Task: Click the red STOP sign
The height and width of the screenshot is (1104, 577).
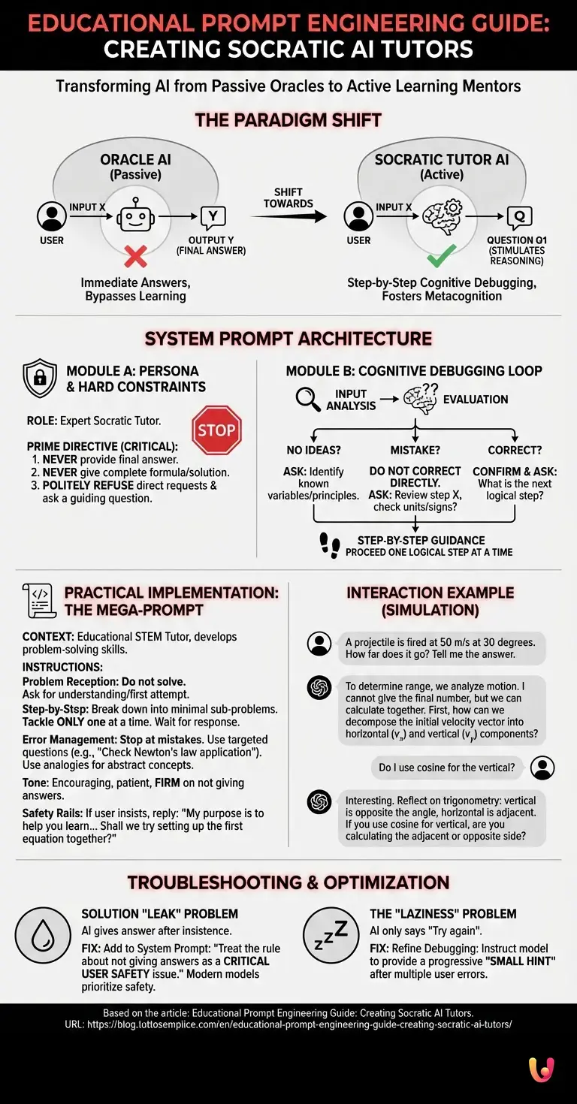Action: [x=217, y=430]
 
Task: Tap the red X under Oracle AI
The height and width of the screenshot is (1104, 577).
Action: [x=135, y=258]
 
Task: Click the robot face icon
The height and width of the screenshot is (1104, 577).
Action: [x=135, y=218]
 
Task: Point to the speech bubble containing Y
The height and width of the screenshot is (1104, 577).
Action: [x=213, y=218]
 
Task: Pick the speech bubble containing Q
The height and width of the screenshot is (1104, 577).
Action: [x=518, y=218]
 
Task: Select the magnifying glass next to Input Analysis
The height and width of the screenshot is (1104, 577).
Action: [x=307, y=399]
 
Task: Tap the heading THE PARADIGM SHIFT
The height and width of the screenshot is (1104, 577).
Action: [x=288, y=119]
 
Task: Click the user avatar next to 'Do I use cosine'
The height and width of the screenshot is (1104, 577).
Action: [x=542, y=767]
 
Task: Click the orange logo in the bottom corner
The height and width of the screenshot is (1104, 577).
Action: [x=541, y=1069]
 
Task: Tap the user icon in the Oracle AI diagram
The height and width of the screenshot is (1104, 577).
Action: [x=51, y=217]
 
